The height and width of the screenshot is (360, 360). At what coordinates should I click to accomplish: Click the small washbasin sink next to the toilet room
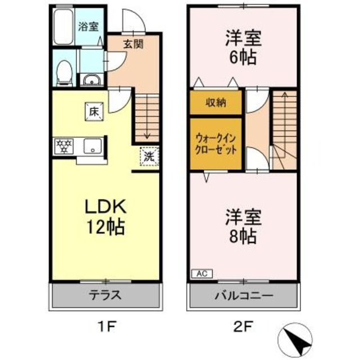[x=90, y=80]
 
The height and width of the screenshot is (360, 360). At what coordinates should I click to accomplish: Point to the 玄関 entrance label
[x=133, y=44]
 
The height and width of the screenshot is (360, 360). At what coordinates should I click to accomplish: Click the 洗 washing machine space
[x=148, y=156]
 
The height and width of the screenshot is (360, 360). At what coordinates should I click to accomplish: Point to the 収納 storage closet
[x=215, y=102]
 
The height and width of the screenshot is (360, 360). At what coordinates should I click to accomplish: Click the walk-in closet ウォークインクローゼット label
[x=215, y=144]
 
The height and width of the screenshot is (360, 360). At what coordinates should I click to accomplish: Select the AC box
[x=200, y=274]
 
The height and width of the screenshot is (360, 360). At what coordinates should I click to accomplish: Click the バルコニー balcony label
[x=243, y=294]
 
